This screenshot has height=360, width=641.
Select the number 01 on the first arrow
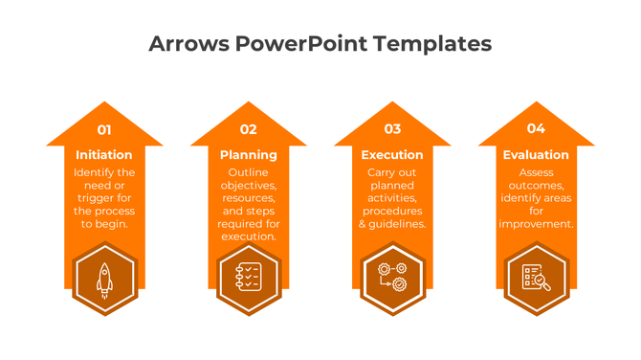[104, 129]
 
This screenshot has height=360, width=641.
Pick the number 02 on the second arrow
[249, 129]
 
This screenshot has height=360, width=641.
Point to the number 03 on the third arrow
[392, 129]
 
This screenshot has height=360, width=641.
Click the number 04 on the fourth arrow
[536, 129]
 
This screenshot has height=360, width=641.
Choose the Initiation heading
[104, 155]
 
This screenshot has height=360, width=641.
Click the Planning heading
[249, 155]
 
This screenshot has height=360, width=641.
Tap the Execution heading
[392, 155]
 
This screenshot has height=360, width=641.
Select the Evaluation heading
[536, 155]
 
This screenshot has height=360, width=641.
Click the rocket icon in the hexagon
[104, 278]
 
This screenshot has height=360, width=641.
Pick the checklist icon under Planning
[249, 278]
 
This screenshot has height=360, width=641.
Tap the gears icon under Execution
[392, 278]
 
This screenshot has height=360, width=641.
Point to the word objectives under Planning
[249, 186]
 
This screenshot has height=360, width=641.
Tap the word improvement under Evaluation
[536, 224]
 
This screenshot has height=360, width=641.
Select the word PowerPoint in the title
[301, 44]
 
